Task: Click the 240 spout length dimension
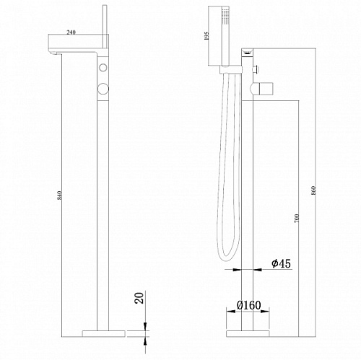coord(71,32)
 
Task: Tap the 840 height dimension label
coord(60,195)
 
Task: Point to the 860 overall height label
coord(313,190)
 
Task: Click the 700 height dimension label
coord(297,218)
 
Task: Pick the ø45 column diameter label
coord(281,263)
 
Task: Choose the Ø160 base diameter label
coord(248,305)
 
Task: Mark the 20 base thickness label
coord(140,298)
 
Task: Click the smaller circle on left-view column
coord(103,67)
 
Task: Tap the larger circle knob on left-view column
coord(103,88)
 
